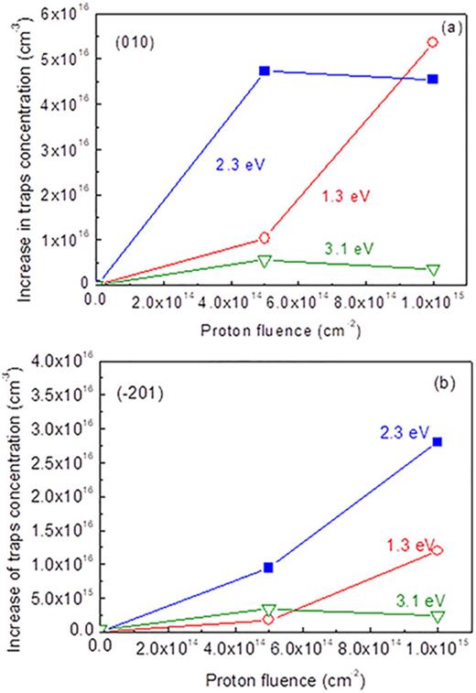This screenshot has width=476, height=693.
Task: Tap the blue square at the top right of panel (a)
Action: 433,79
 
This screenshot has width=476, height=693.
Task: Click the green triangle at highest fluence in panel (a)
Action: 433,269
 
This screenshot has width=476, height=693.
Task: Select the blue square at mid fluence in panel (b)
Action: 268,568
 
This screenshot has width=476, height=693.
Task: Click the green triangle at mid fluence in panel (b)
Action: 268,610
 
